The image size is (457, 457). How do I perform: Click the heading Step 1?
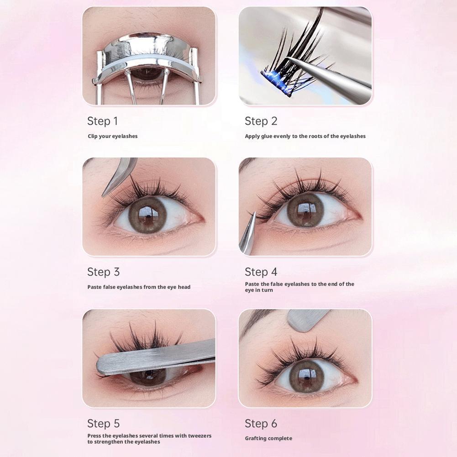point(102,121)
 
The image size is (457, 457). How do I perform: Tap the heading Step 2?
point(261,121)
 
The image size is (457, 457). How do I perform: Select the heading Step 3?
point(103,272)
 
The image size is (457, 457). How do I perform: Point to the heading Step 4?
point(261,272)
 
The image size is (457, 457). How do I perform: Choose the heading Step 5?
point(103,424)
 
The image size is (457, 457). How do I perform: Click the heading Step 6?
point(261,424)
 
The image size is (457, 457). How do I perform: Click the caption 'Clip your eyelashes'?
point(112,136)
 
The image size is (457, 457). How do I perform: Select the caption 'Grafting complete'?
point(268,438)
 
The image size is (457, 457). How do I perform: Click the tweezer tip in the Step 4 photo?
point(254,214)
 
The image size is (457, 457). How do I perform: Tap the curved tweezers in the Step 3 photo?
point(119,176)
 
